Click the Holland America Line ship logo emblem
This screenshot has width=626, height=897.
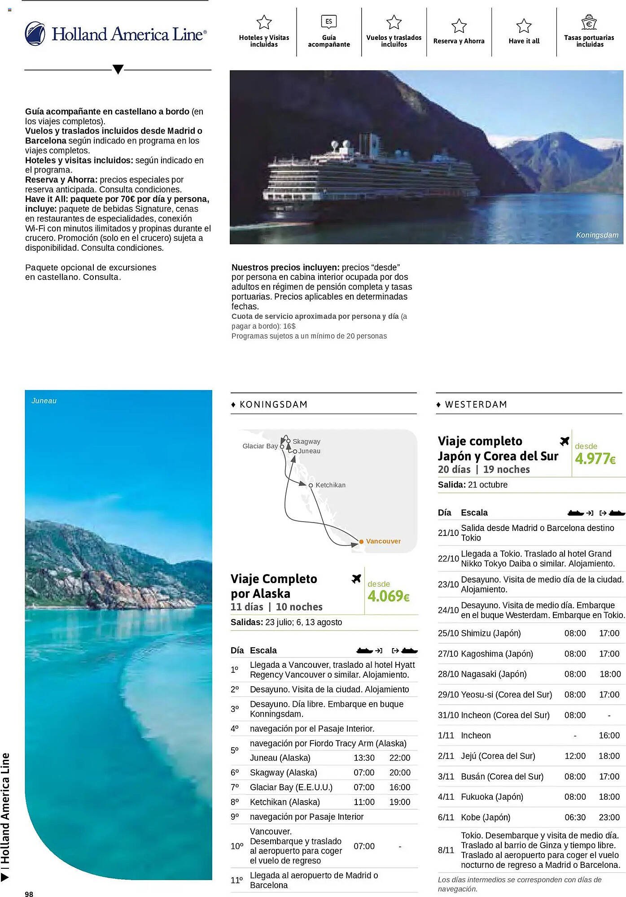tap(35, 34)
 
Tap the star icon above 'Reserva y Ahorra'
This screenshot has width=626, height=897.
tap(459, 26)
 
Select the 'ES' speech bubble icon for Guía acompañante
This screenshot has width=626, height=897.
tap(328, 22)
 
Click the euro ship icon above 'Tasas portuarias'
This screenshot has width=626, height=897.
tap(589, 22)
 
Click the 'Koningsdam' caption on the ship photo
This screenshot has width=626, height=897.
tap(597, 235)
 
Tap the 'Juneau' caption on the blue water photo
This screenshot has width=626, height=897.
tap(44, 401)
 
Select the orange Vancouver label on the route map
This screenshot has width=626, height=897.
tap(383, 541)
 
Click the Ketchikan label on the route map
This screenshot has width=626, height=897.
tap(330, 485)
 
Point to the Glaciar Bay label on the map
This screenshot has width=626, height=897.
tap(260, 446)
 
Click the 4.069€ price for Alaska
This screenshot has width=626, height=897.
tap(388, 596)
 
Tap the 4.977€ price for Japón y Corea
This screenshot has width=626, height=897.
tap(595, 458)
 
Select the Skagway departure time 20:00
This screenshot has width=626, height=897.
tap(399, 772)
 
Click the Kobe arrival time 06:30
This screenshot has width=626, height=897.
tap(575, 817)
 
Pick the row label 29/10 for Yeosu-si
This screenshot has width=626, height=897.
tap(448, 694)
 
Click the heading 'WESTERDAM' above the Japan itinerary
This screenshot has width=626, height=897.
tap(476, 404)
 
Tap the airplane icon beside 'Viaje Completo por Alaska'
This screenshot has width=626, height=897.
tap(356, 579)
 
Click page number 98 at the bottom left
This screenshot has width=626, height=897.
tap(29, 894)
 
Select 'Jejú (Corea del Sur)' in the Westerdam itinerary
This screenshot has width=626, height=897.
tap(498, 756)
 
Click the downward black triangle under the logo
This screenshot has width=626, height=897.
tap(118, 70)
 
